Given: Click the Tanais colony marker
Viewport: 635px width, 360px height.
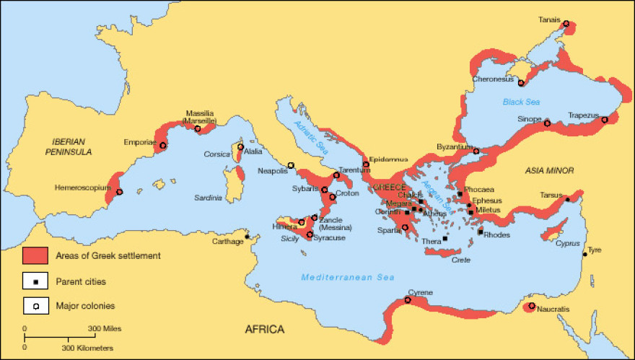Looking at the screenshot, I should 566,24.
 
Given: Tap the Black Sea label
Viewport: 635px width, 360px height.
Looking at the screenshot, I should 522,102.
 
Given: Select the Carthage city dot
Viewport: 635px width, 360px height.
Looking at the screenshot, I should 248,237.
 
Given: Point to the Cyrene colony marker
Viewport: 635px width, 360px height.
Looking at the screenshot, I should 408,300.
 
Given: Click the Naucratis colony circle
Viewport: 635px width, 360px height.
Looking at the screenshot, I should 532,307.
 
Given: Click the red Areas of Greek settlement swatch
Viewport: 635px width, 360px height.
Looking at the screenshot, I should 35,255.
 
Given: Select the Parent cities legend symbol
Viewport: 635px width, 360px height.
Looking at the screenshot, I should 35,281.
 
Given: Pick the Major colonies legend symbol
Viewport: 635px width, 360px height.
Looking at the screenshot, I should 35,305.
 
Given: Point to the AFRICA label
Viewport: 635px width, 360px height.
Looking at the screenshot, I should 265,330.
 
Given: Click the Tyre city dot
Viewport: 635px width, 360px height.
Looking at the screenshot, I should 584,254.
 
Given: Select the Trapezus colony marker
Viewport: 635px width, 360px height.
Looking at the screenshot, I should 605,120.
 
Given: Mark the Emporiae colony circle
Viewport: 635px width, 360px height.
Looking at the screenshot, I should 163,146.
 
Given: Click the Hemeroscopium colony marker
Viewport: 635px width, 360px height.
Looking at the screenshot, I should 119,192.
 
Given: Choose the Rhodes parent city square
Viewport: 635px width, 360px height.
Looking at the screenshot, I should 481,232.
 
